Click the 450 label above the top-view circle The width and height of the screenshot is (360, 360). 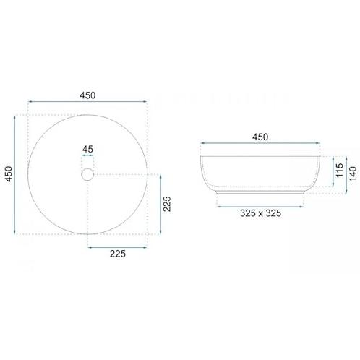pyautogui.click(x=87, y=95)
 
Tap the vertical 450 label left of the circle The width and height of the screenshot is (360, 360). pyautogui.click(x=9, y=174)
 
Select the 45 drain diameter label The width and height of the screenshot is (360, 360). pyautogui.click(x=87, y=150)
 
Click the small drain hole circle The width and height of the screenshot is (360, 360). pyautogui.click(x=87, y=174)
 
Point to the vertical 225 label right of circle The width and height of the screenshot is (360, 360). pyautogui.click(x=167, y=204)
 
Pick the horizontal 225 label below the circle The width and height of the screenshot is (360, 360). pyautogui.click(x=118, y=254)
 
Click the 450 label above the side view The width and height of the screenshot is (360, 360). pyautogui.click(x=260, y=137)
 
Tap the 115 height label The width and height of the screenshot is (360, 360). pyautogui.click(x=340, y=170)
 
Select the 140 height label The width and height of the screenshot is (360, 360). pyautogui.click(x=353, y=173)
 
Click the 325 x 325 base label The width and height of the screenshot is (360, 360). pyautogui.click(x=260, y=213)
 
